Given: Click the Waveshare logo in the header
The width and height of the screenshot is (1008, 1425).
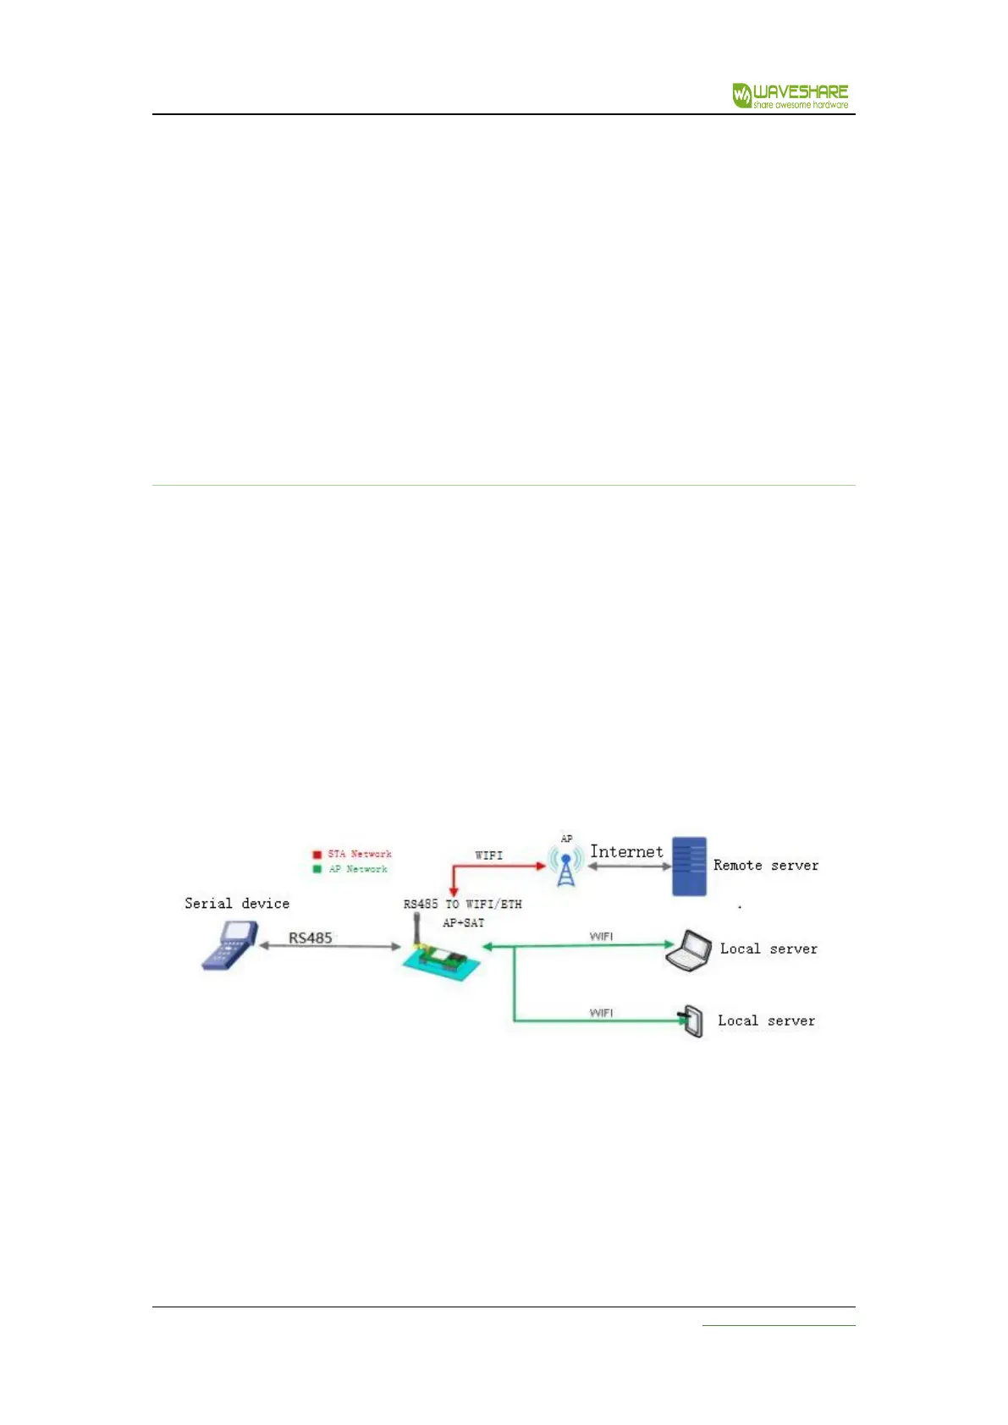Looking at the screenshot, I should [x=790, y=95].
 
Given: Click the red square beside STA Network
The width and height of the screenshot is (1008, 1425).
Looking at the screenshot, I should [x=317, y=855].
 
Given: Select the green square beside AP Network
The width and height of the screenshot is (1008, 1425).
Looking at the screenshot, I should [x=317, y=869].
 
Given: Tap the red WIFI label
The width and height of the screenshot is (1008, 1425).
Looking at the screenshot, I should [x=488, y=856].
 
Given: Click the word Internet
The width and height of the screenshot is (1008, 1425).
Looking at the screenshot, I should [x=626, y=852].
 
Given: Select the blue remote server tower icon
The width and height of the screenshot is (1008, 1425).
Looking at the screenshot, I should [x=689, y=867].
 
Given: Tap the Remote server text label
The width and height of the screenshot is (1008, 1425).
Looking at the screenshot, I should [x=765, y=865].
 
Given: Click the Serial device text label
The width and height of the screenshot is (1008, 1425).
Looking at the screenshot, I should [x=237, y=904].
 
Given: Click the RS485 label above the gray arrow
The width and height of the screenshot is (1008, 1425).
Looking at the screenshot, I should [x=311, y=938].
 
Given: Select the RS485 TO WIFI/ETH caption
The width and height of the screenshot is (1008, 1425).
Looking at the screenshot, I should [x=462, y=905].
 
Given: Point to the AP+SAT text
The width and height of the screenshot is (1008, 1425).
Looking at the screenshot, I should [x=463, y=923].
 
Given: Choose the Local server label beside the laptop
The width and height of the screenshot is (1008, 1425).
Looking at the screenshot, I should [x=768, y=949].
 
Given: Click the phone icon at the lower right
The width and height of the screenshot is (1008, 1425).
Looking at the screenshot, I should [x=692, y=1021].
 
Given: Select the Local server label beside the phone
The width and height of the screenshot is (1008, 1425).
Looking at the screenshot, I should [x=766, y=1021].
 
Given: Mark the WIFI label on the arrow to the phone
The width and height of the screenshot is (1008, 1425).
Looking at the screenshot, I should [x=601, y=1013].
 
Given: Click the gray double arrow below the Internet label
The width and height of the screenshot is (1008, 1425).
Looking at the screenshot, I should [x=629, y=867].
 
